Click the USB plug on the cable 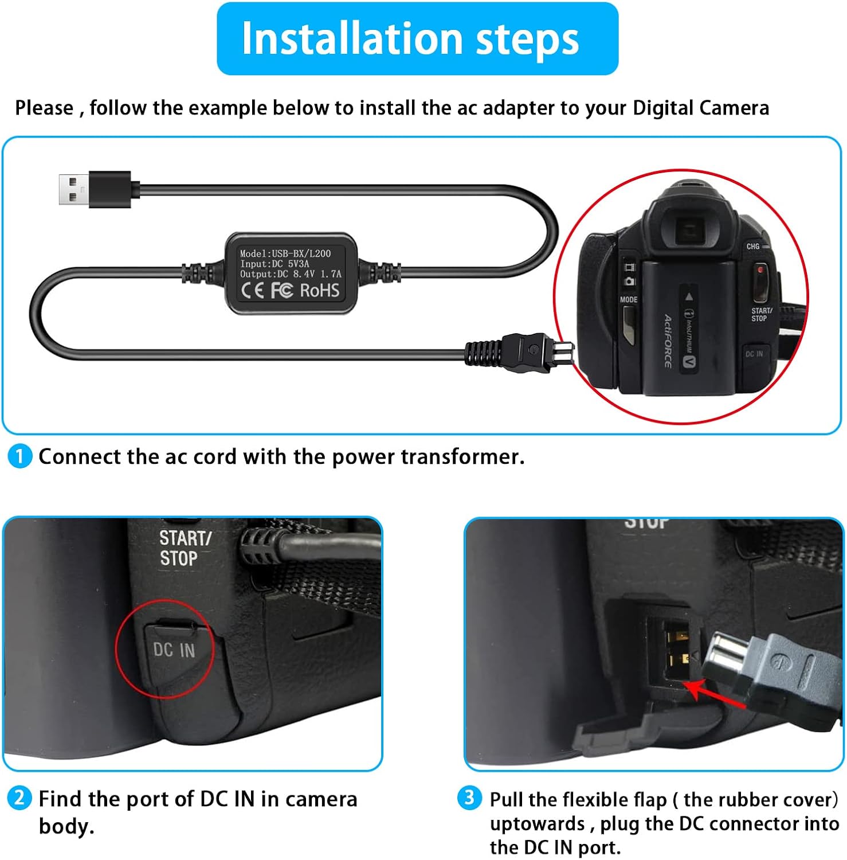click(x=95, y=189)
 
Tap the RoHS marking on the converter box click(x=320, y=291)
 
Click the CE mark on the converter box click(x=253, y=291)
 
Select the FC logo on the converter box click(x=282, y=291)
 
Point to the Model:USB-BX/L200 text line click(x=285, y=253)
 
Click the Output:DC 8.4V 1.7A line click(x=291, y=274)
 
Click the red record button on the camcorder click(x=760, y=270)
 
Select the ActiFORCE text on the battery click(x=668, y=341)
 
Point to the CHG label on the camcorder click(x=752, y=247)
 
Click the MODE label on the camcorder click(x=629, y=299)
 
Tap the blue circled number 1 click(x=20, y=456)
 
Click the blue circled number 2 click(x=19, y=798)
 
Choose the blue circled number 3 click(x=469, y=798)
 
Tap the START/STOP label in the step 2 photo click(x=185, y=548)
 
